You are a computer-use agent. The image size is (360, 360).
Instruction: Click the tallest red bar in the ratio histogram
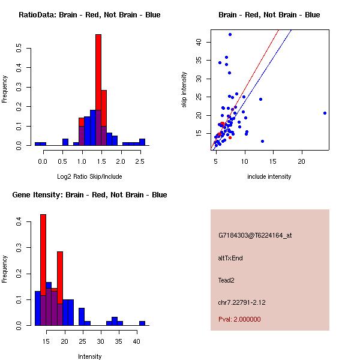click(98, 90)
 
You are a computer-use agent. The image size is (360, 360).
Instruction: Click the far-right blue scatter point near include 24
click(325, 113)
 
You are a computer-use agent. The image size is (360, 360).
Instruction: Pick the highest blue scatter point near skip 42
click(230, 35)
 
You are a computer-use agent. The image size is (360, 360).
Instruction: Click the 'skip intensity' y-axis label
click(184, 90)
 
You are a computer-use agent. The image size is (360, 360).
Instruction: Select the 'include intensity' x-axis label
click(269, 176)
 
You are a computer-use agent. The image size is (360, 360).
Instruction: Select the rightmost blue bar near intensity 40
click(142, 323)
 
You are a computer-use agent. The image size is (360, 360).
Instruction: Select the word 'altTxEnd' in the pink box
click(230, 258)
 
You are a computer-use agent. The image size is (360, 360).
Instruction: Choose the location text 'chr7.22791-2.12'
click(242, 302)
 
